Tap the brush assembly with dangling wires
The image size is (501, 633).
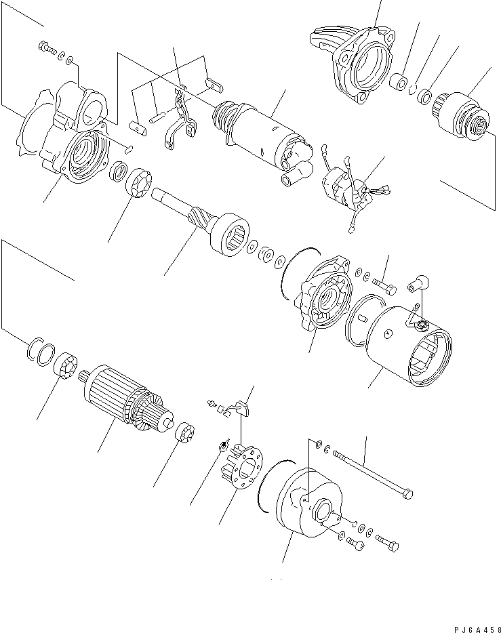(x=345, y=190)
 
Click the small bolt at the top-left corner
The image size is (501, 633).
(x=47, y=48)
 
